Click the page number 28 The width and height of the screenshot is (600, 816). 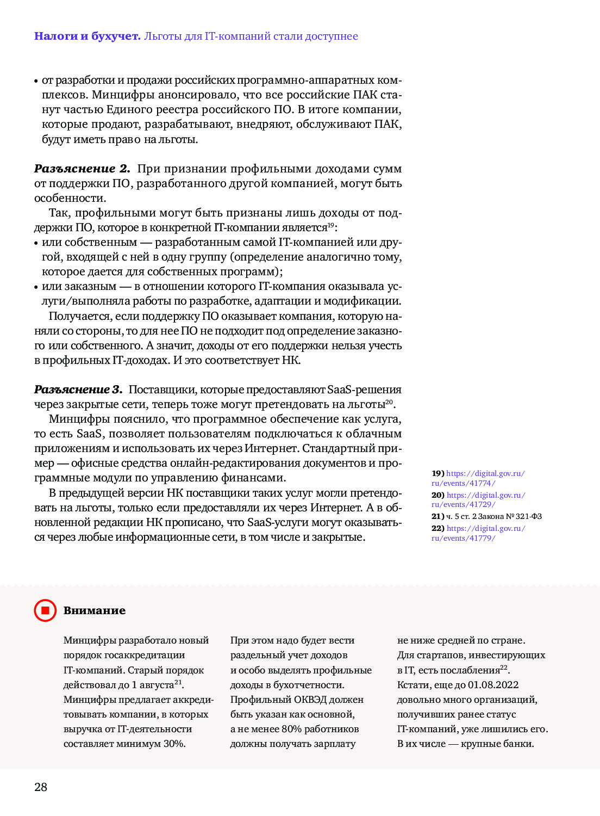[x=41, y=787]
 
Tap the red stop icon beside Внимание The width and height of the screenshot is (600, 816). [x=45, y=610]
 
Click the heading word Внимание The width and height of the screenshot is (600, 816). [x=95, y=610]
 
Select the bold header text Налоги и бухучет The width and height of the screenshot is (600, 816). [x=87, y=36]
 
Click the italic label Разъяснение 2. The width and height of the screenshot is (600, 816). [x=82, y=169]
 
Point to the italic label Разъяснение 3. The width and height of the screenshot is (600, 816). [x=78, y=390]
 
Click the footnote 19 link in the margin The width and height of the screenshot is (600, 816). [x=478, y=478]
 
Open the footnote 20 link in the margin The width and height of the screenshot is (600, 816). [x=478, y=500]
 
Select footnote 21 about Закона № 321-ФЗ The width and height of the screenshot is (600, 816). [x=486, y=516]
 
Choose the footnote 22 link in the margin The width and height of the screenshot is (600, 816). [x=478, y=533]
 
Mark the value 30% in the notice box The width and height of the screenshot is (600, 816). [x=174, y=744]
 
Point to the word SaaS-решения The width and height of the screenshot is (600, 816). [x=364, y=390]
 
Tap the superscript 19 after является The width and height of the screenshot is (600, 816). [x=331, y=225]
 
